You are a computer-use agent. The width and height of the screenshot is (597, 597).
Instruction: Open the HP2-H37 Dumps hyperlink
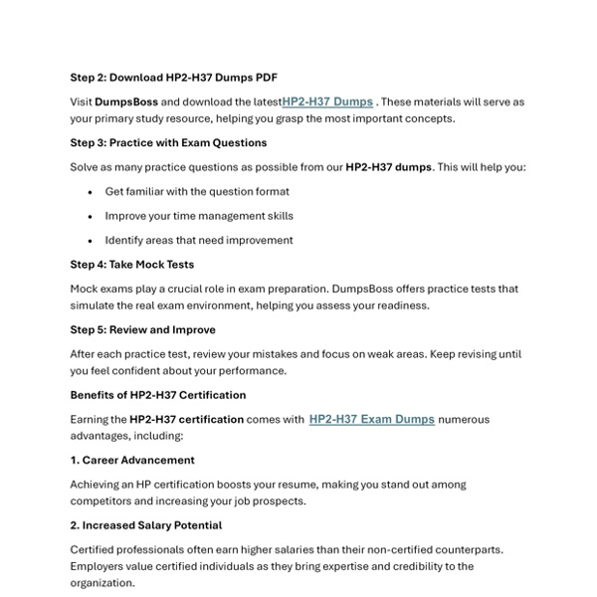pyautogui.click(x=327, y=101)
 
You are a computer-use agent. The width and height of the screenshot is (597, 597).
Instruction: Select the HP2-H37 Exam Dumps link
pyautogui.click(x=371, y=419)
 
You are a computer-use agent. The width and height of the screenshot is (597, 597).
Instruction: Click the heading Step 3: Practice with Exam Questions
pyautogui.click(x=168, y=142)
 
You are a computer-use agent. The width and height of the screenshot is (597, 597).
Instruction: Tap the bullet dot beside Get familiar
pyautogui.click(x=91, y=192)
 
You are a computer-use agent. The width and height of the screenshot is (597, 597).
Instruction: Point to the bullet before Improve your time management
pyautogui.click(x=91, y=216)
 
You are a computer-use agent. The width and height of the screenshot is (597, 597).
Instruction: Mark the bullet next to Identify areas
pyautogui.click(x=91, y=241)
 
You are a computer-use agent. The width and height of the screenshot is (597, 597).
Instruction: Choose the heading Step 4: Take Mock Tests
pyautogui.click(x=131, y=265)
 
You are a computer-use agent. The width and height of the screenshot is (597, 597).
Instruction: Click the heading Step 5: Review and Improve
pyautogui.click(x=142, y=329)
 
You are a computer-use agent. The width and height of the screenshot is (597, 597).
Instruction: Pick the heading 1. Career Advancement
pyautogui.click(x=132, y=460)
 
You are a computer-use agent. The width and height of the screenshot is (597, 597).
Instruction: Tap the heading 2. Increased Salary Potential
pyautogui.click(x=145, y=525)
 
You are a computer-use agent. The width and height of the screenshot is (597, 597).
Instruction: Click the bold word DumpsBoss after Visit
pyautogui.click(x=126, y=101)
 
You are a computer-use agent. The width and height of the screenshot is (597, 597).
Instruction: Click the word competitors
pyautogui.click(x=104, y=501)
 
